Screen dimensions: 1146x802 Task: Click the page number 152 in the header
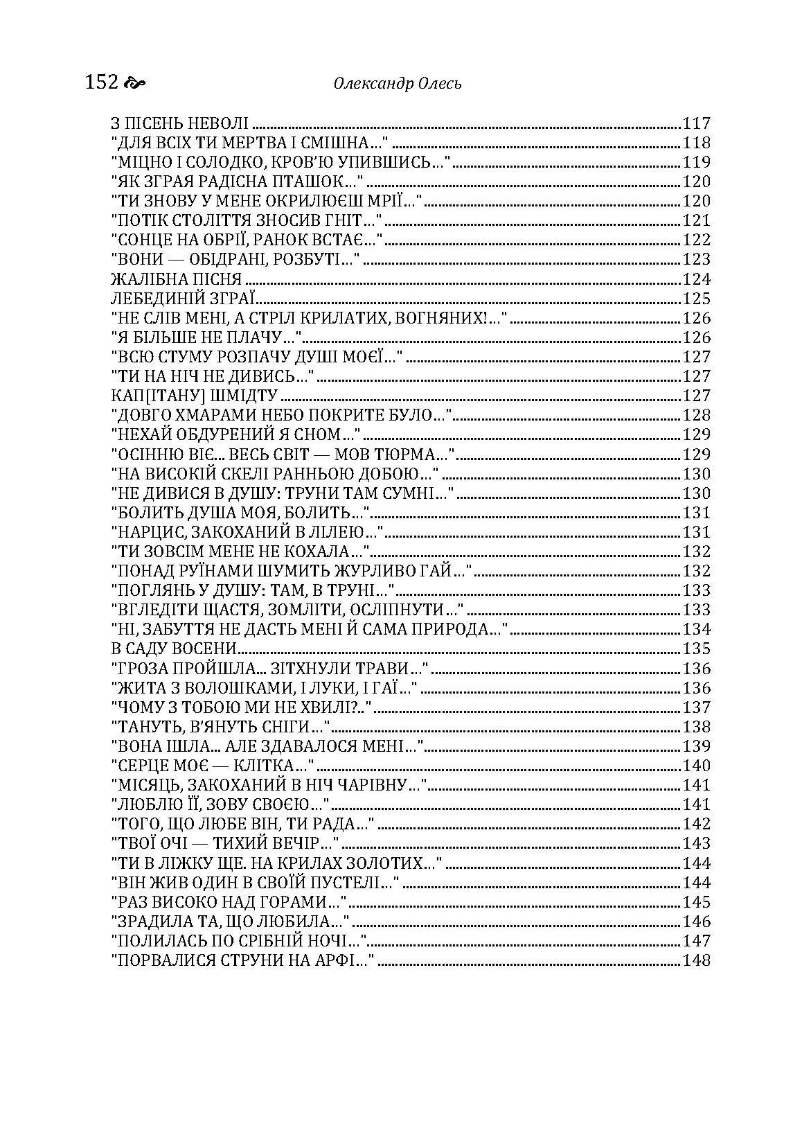tap(102, 82)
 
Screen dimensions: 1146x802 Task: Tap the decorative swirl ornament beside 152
tap(134, 84)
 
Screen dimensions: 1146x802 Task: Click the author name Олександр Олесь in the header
tap(398, 84)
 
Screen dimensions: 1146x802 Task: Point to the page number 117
tap(697, 124)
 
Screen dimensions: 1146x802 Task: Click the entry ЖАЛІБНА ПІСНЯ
tap(176, 279)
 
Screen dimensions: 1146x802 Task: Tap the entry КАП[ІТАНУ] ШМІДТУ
tap(194, 396)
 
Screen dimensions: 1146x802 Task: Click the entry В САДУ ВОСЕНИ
tap(174, 649)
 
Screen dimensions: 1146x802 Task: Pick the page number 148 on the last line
tap(697, 960)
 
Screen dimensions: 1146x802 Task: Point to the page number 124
tap(697, 279)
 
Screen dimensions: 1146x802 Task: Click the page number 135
tap(697, 649)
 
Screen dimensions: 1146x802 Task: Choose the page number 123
tap(697, 260)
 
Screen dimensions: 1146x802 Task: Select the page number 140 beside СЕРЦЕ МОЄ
tap(697, 766)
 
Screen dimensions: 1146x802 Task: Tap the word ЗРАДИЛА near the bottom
tap(150, 922)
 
